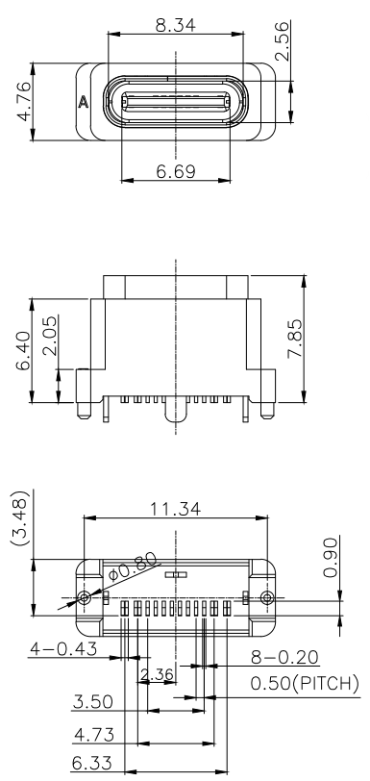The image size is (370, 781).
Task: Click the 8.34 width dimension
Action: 176,25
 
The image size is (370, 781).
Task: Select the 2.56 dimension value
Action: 283,40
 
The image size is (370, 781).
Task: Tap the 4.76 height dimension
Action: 24,101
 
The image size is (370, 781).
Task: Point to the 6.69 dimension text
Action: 176,171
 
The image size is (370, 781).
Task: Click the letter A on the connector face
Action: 84,103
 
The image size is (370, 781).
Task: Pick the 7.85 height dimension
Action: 295,339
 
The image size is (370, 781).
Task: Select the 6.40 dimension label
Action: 24,350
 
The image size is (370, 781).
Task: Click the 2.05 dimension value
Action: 50,337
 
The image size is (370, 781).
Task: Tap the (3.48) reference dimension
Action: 22,517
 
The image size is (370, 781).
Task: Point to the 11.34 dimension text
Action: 176,509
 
